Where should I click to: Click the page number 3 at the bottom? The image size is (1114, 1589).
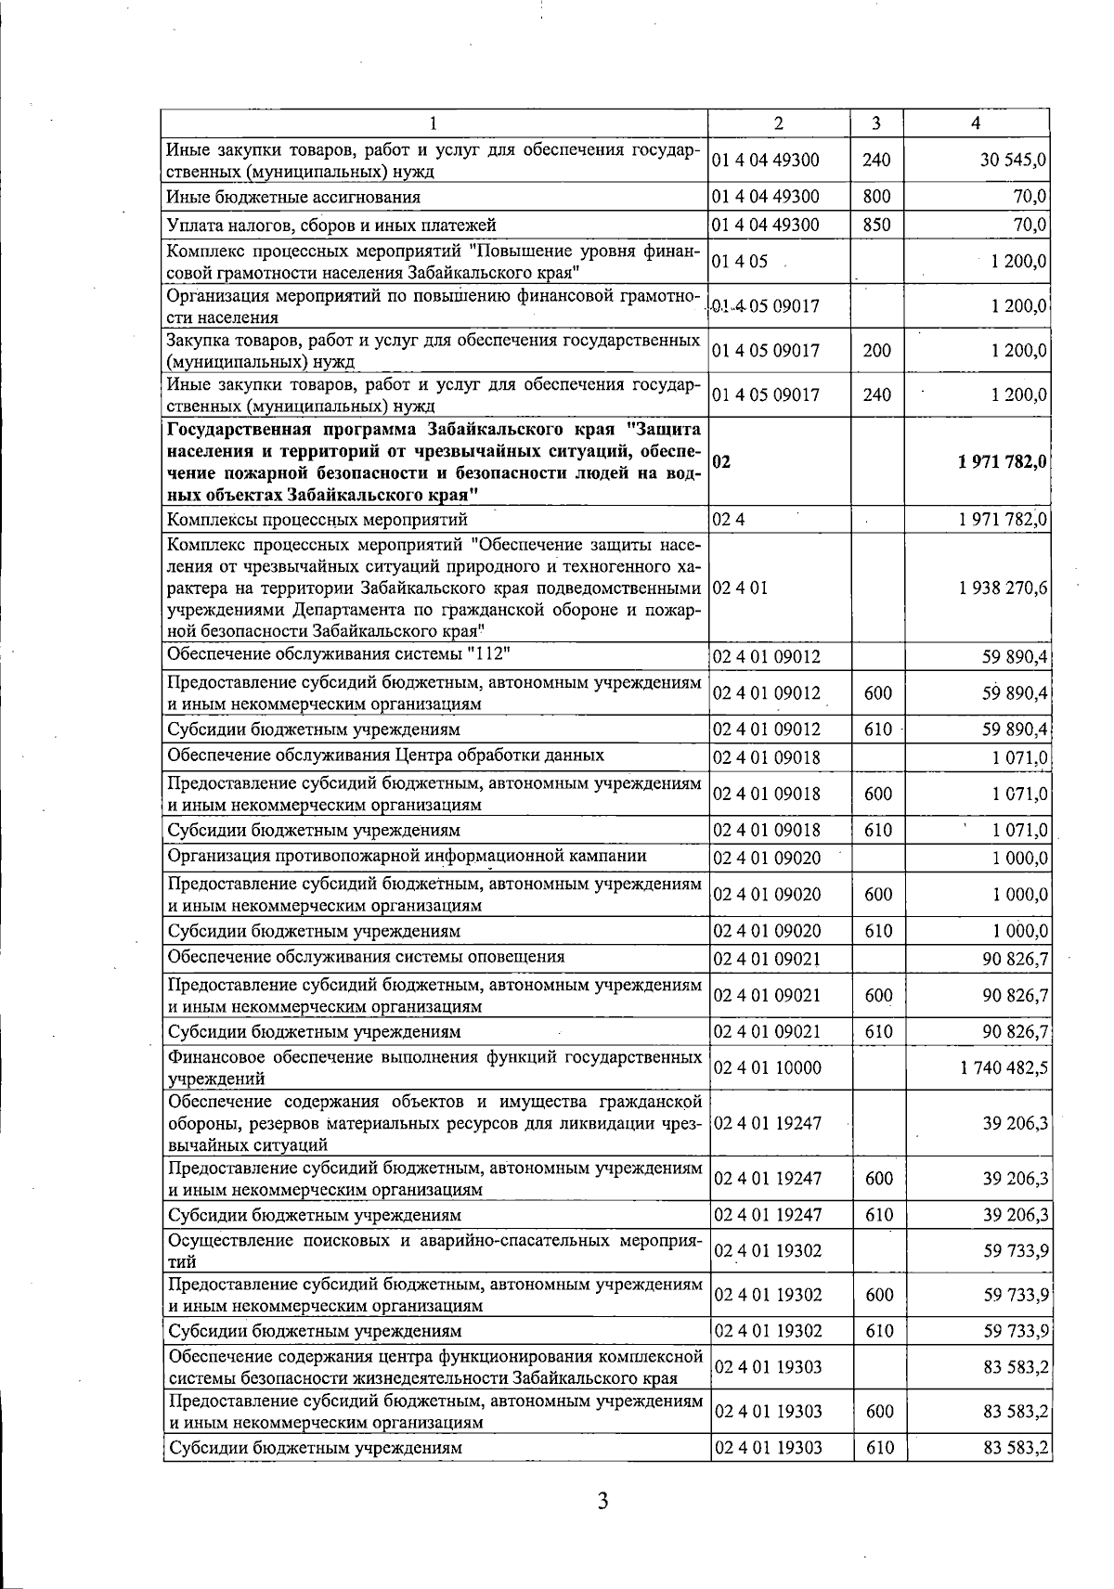pos(602,1501)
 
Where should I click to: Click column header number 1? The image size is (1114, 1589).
pos(434,123)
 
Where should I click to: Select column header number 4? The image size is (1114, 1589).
pos(975,123)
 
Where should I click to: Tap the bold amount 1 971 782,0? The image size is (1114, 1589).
pos(1003,462)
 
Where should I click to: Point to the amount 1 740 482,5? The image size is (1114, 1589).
pos(1005,1067)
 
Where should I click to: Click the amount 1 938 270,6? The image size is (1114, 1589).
pos(1004,588)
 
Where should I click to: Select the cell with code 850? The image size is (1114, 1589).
pos(876,225)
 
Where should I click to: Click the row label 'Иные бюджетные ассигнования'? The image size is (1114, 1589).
pos(293,197)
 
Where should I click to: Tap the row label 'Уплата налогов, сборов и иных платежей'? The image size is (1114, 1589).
pos(331,225)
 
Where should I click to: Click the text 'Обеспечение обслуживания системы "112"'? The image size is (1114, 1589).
pos(340,653)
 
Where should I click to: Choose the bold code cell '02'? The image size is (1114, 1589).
pos(721,462)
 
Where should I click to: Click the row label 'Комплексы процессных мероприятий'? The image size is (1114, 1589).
pos(317,519)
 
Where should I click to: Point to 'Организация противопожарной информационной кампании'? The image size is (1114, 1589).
pos(407,856)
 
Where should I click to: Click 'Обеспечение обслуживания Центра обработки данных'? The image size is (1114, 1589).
pos(385,755)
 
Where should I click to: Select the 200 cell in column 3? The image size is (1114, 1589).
pos(876,351)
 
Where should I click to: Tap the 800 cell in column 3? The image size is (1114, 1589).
pos(876,197)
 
